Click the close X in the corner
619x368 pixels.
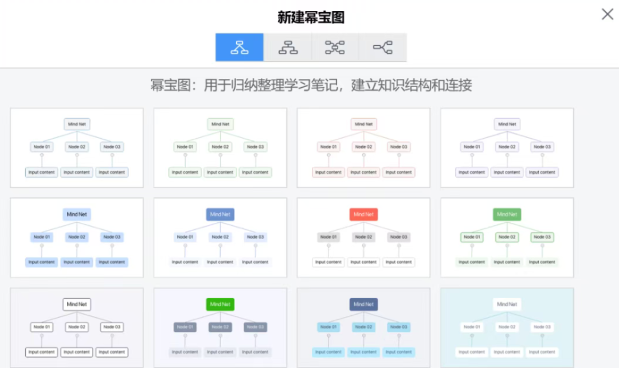(x=607, y=14)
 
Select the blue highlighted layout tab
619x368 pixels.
(x=240, y=48)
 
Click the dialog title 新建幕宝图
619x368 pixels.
(x=311, y=17)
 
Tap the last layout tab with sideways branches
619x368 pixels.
(x=383, y=48)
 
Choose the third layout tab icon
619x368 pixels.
(x=335, y=48)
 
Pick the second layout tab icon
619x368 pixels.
(x=288, y=48)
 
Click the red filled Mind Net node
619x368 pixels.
(x=363, y=214)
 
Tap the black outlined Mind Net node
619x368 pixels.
(x=77, y=304)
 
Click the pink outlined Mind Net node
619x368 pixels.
(x=363, y=124)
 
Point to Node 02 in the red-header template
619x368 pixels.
(x=363, y=237)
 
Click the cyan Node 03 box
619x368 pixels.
(x=398, y=327)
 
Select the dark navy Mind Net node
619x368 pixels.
(x=363, y=304)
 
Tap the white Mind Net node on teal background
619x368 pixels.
(x=507, y=304)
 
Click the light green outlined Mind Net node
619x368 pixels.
(x=220, y=124)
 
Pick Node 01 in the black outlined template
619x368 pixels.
(x=42, y=327)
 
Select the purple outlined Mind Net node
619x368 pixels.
(x=507, y=124)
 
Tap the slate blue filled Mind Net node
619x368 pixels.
(x=220, y=214)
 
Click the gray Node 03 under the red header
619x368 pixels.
(x=398, y=237)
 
